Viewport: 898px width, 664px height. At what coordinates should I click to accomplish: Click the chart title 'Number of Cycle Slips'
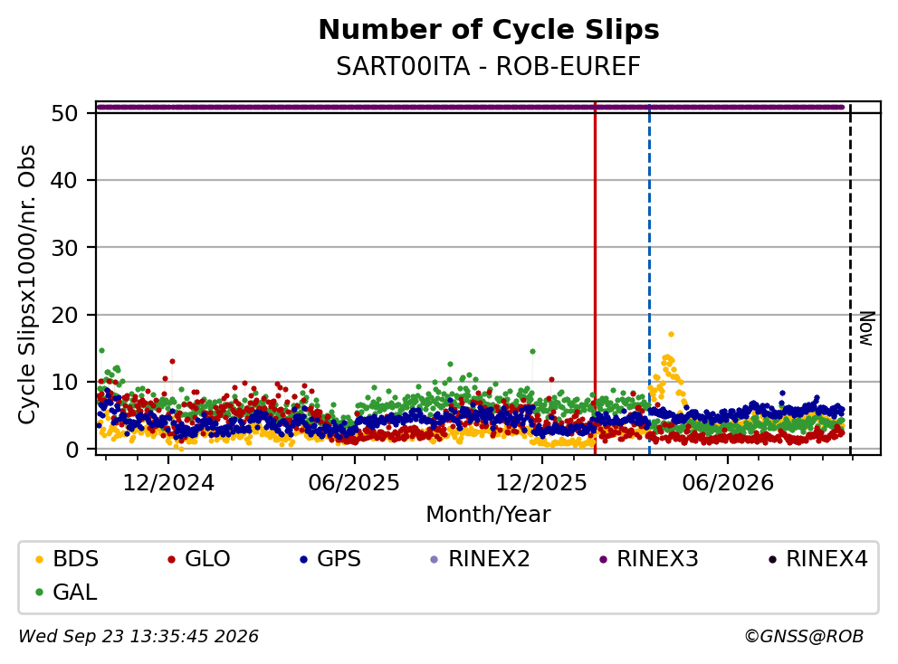pyautogui.click(x=489, y=30)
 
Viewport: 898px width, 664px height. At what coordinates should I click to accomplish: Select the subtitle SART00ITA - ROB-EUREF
pyautogui.click(x=488, y=67)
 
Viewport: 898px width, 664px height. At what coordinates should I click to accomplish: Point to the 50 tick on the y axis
pyautogui.click(x=64, y=113)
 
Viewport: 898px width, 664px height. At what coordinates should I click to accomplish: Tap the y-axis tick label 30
pyautogui.click(x=64, y=247)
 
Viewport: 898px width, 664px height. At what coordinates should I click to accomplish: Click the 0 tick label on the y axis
pyautogui.click(x=72, y=450)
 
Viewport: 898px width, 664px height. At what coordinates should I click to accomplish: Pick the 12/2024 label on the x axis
pyautogui.click(x=168, y=483)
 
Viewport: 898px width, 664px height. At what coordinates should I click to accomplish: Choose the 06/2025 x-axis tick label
pyautogui.click(x=354, y=483)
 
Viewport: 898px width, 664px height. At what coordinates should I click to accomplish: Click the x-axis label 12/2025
pyautogui.click(x=541, y=483)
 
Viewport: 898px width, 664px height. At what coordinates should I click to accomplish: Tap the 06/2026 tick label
pyautogui.click(x=727, y=483)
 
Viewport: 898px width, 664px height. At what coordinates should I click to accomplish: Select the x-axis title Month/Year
pyautogui.click(x=488, y=515)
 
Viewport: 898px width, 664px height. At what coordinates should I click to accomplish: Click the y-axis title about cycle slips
pyautogui.click(x=27, y=284)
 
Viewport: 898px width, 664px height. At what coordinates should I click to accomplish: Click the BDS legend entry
pyautogui.click(x=67, y=559)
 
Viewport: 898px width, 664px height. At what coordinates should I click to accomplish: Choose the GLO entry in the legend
pyautogui.click(x=199, y=559)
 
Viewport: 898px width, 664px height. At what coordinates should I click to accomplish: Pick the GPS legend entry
pyautogui.click(x=330, y=559)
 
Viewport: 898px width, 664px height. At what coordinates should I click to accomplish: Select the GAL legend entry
pyautogui.click(x=66, y=592)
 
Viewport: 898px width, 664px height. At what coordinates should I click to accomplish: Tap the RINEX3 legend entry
pyautogui.click(x=649, y=559)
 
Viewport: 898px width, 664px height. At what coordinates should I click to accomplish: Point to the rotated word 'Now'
pyautogui.click(x=867, y=328)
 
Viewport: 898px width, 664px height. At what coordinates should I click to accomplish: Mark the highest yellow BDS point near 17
pyautogui.click(x=671, y=335)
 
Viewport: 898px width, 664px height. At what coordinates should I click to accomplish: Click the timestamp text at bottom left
pyautogui.click(x=139, y=637)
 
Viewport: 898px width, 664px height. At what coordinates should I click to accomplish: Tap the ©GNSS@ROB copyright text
pyautogui.click(x=804, y=637)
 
